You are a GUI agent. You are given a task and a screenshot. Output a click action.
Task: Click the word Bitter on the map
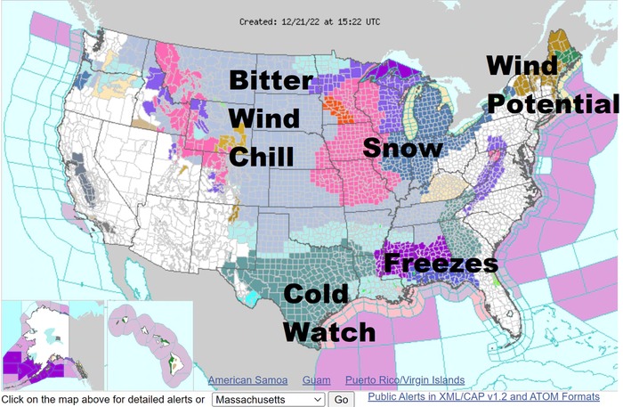271,80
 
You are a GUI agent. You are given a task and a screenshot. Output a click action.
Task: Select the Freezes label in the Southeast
441,264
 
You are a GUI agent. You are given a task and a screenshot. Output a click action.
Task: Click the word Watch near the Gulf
329,331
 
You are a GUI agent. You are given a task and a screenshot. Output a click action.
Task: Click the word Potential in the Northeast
552,105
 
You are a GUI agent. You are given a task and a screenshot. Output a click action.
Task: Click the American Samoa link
248,380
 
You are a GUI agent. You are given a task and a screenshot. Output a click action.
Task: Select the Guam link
316,380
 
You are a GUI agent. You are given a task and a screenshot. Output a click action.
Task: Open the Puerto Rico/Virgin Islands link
405,380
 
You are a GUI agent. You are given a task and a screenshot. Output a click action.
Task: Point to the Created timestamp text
310,20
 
